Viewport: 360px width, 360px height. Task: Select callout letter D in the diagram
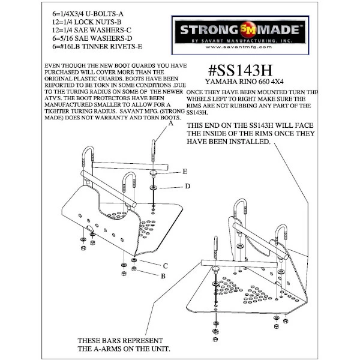click(187, 186)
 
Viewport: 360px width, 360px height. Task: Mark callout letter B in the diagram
click(163, 276)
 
